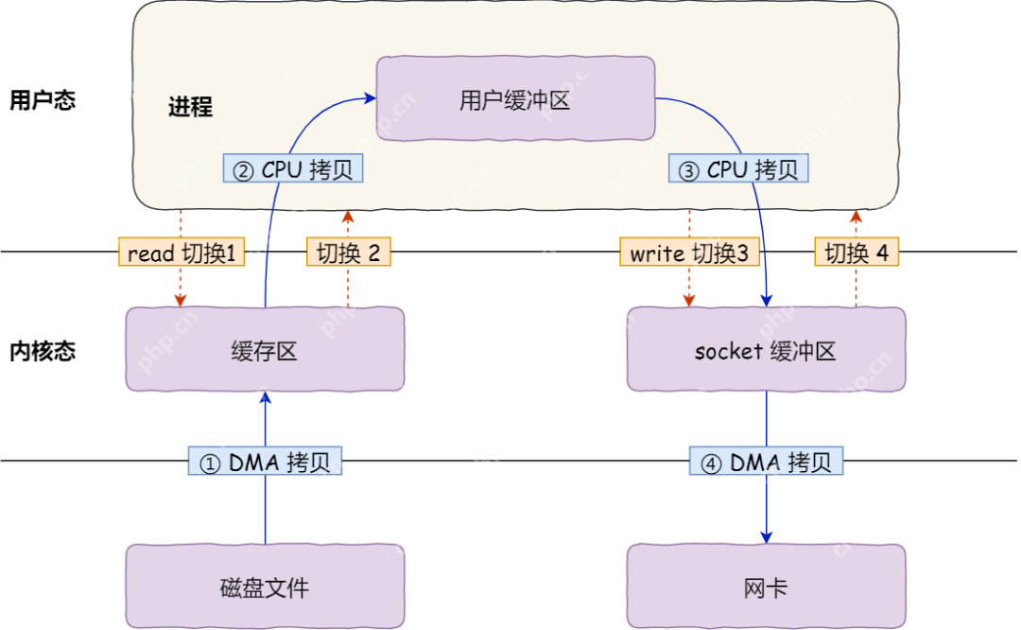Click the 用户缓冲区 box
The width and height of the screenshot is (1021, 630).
515,99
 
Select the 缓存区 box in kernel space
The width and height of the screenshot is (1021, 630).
265,350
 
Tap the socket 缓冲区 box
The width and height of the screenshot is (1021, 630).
766,350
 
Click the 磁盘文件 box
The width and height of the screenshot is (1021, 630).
265,586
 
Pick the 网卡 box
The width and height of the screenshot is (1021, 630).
766,586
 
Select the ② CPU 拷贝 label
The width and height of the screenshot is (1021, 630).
293,169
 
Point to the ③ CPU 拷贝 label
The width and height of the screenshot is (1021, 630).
739,169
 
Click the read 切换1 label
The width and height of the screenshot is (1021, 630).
180,253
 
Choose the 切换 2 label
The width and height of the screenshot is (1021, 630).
348,253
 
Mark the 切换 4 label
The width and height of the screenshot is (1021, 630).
857,253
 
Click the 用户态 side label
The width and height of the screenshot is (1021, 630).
43,100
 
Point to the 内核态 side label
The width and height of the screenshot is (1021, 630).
43,351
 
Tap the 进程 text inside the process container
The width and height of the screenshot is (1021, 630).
190,106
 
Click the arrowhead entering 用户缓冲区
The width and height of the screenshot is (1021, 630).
371,96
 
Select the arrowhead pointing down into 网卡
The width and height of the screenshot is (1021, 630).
766,536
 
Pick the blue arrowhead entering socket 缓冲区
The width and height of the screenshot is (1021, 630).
766,300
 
